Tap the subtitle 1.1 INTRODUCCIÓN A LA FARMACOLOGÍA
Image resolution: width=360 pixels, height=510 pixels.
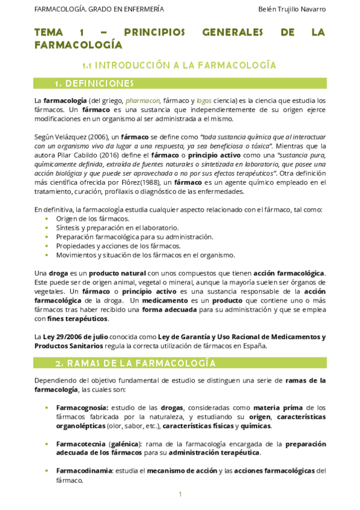(x=179, y=64)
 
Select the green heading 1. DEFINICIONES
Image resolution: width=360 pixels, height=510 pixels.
(x=94, y=83)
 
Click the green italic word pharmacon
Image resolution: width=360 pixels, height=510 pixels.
(x=142, y=100)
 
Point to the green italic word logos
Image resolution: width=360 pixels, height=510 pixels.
(x=204, y=100)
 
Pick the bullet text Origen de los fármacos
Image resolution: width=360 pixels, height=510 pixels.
(x=88, y=218)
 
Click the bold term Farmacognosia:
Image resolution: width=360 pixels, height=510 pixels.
(x=82, y=408)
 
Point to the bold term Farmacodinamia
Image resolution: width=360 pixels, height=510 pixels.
(x=84, y=471)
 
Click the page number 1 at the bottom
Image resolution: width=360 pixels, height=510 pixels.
(x=180, y=494)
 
